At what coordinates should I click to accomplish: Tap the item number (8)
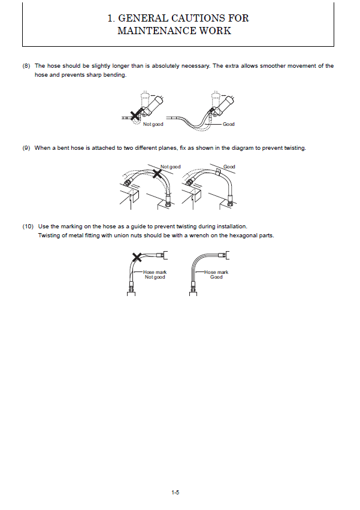[26, 66]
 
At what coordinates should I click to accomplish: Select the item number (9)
[26, 148]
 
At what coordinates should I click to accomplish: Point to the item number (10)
[28, 227]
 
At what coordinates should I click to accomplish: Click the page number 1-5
[176, 493]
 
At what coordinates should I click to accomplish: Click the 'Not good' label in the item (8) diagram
[153, 124]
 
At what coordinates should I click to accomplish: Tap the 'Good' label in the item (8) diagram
[229, 124]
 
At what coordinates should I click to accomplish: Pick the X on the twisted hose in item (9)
[158, 174]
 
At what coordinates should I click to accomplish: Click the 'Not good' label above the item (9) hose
[170, 167]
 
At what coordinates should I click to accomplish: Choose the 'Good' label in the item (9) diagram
[229, 167]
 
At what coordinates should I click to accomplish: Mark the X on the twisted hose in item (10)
[137, 258]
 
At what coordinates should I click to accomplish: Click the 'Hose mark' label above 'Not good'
[155, 272]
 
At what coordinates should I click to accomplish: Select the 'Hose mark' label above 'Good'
[216, 272]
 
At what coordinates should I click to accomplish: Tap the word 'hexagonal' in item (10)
[252, 236]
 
